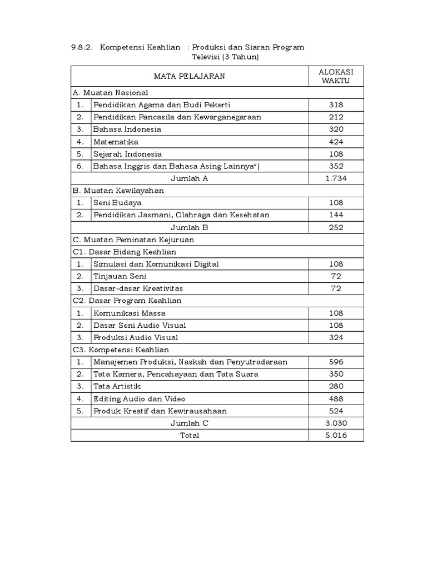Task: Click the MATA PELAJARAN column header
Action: click(190, 76)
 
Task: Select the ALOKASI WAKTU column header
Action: click(336, 76)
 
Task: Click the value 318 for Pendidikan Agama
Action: click(336, 105)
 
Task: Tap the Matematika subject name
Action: click(116, 142)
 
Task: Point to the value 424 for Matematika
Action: click(336, 142)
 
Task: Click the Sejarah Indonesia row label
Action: click(128, 154)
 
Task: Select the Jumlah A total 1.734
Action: click(336, 178)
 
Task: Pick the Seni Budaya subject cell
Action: click(117, 203)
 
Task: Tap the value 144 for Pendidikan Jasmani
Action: click(336, 215)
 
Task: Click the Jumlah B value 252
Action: click(336, 227)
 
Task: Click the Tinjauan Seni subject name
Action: click(120, 276)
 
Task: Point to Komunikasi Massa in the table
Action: click(130, 313)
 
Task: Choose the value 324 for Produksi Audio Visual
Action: click(336, 337)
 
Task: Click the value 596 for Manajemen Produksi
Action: click(336, 362)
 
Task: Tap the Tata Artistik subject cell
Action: click(117, 386)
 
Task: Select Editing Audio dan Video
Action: click(140, 398)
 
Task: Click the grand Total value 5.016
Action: click(336, 435)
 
